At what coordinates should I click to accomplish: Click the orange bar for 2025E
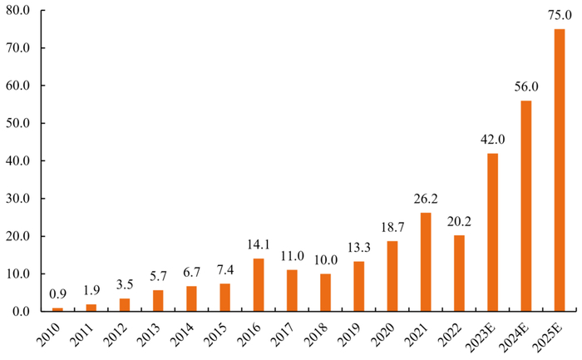(560, 170)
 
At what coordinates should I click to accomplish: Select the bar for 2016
(259, 284)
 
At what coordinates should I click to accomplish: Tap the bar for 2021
(426, 262)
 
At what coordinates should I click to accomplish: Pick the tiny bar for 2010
(57, 309)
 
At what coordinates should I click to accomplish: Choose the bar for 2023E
(492, 232)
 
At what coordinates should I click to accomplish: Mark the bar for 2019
(359, 286)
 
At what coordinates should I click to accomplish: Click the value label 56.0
(526, 86)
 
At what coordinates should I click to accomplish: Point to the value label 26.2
(426, 199)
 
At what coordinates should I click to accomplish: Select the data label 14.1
(259, 244)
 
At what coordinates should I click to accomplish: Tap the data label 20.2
(459, 221)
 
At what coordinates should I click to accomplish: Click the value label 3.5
(125, 284)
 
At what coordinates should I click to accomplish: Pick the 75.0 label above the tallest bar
(560, 15)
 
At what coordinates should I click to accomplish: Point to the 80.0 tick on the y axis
(18, 10)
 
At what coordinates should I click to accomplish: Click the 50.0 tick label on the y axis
(18, 123)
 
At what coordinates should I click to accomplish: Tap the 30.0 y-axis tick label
(18, 198)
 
